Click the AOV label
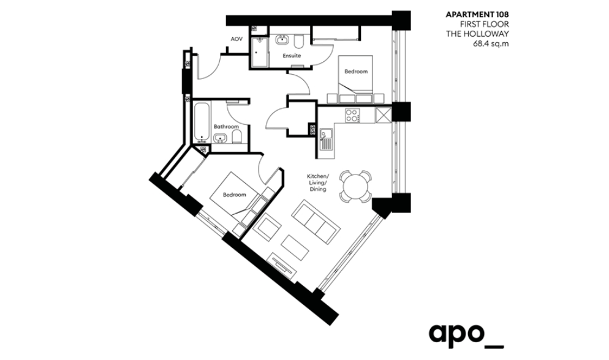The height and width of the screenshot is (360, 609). pyautogui.click(x=236, y=39)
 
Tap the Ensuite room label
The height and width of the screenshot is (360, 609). pyautogui.click(x=292, y=56)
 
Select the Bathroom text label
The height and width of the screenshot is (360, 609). pyautogui.click(x=226, y=127)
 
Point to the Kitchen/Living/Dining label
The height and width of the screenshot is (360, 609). pyautogui.click(x=318, y=182)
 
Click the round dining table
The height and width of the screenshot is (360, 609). pyautogui.click(x=355, y=186)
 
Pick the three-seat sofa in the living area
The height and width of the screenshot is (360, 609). pyautogui.click(x=316, y=222)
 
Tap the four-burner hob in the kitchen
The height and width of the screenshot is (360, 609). pyautogui.click(x=353, y=115)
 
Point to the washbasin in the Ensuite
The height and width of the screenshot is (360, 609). pyautogui.click(x=281, y=40)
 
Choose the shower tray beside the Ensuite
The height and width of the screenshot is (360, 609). pyautogui.click(x=259, y=53)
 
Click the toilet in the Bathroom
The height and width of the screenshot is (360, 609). pyautogui.click(x=236, y=137)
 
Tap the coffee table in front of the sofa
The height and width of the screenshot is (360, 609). pyautogui.click(x=295, y=247)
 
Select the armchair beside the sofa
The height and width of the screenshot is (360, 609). pyautogui.click(x=268, y=229)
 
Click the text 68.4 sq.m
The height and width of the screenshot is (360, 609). pyautogui.click(x=491, y=44)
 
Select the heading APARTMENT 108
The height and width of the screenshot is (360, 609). pyautogui.click(x=477, y=15)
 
